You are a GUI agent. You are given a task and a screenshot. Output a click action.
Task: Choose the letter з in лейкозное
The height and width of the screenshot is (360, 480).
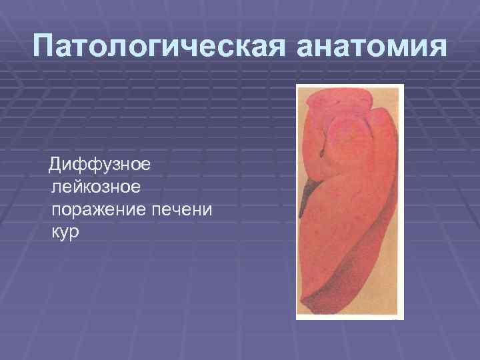point(109,188)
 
